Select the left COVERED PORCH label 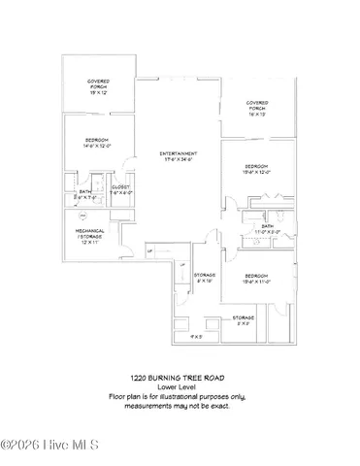point(98,84)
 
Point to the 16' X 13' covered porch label point(257,115)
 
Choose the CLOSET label point(121,186)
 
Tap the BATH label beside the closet point(85,191)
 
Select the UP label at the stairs point(149,253)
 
